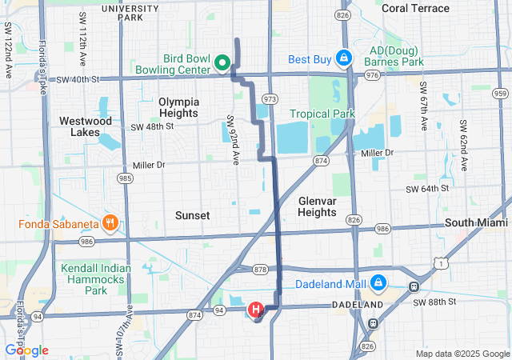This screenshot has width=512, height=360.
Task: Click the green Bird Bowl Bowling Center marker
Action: click(x=225, y=62)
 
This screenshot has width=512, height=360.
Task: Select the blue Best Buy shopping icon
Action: click(x=343, y=58)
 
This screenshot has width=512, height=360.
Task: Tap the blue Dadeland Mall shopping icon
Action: click(x=378, y=283)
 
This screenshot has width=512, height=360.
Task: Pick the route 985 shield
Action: click(x=125, y=178)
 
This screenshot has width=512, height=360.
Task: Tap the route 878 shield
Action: click(x=259, y=269)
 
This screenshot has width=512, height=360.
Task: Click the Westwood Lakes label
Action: click(x=86, y=126)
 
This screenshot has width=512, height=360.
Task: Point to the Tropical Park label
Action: click(x=322, y=114)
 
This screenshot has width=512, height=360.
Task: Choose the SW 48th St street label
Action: click(x=152, y=127)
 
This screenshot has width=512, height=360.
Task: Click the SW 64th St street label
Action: click(x=428, y=189)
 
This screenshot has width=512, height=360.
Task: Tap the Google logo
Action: click(x=26, y=350)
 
